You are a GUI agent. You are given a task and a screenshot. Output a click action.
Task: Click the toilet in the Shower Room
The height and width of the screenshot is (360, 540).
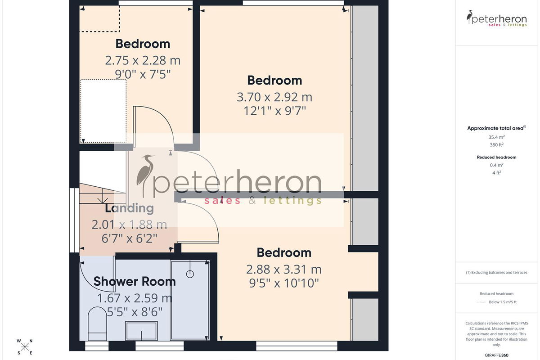97,324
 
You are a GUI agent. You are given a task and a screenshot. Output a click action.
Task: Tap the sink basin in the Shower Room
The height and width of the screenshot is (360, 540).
141,331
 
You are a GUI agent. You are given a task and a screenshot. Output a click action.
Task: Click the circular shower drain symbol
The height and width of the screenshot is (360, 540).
190,274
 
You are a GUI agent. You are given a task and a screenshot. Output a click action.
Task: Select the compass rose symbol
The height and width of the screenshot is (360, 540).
25,347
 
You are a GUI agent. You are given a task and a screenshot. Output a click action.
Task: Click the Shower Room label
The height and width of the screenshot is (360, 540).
135,281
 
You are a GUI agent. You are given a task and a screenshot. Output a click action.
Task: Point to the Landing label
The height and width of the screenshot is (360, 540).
130,208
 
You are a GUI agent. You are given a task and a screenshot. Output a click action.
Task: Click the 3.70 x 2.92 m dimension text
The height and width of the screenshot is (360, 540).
274,97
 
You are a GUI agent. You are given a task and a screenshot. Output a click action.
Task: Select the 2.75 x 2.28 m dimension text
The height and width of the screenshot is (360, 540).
143,60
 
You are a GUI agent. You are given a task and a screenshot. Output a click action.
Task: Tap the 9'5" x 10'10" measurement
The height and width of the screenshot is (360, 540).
284,283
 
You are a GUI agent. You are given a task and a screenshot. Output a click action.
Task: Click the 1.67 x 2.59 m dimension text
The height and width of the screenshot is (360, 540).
135,298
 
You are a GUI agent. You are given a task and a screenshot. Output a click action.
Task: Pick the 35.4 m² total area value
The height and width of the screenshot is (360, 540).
496,137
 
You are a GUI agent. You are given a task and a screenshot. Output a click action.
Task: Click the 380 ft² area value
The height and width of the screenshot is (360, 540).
496,145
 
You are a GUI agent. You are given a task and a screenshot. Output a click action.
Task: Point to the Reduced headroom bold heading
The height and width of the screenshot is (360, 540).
496,157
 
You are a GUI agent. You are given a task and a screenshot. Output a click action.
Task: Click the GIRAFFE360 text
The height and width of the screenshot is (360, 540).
496,355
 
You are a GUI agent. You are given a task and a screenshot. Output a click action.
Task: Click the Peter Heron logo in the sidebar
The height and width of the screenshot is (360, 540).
496,18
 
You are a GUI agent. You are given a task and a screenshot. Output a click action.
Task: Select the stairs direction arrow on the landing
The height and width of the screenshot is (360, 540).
103,195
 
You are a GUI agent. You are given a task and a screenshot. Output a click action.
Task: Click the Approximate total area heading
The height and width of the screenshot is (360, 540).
496,128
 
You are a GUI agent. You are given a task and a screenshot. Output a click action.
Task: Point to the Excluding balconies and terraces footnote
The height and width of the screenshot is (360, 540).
496,272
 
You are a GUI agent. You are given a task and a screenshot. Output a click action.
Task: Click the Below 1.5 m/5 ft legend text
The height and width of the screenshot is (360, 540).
503,302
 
